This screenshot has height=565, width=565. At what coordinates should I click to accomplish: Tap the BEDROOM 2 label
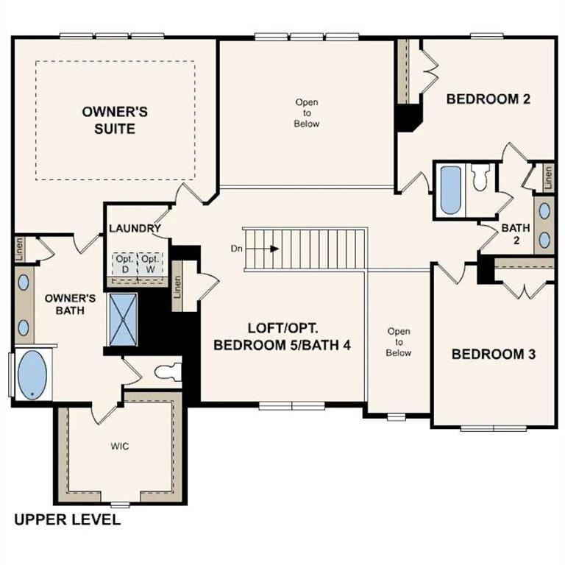pos(488,99)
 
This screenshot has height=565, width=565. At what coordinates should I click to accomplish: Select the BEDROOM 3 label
pos(493,354)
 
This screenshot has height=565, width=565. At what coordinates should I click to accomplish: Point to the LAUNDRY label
pos(135,228)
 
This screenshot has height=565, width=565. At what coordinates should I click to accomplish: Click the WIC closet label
pos(120,447)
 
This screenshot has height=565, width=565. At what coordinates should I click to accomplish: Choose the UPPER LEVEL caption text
pos(68,520)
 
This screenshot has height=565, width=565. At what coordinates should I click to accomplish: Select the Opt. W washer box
pos(150,264)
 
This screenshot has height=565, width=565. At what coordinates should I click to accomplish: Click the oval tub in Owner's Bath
pos(31,375)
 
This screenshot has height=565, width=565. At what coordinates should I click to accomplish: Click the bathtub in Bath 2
pos(450,190)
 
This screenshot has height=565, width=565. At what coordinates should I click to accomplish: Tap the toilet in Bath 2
pos(480,179)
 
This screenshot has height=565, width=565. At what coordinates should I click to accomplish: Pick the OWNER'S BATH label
pos(71,305)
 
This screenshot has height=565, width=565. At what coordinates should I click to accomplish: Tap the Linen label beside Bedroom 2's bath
pos(548,176)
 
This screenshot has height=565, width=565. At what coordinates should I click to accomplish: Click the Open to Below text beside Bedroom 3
pos(399,342)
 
